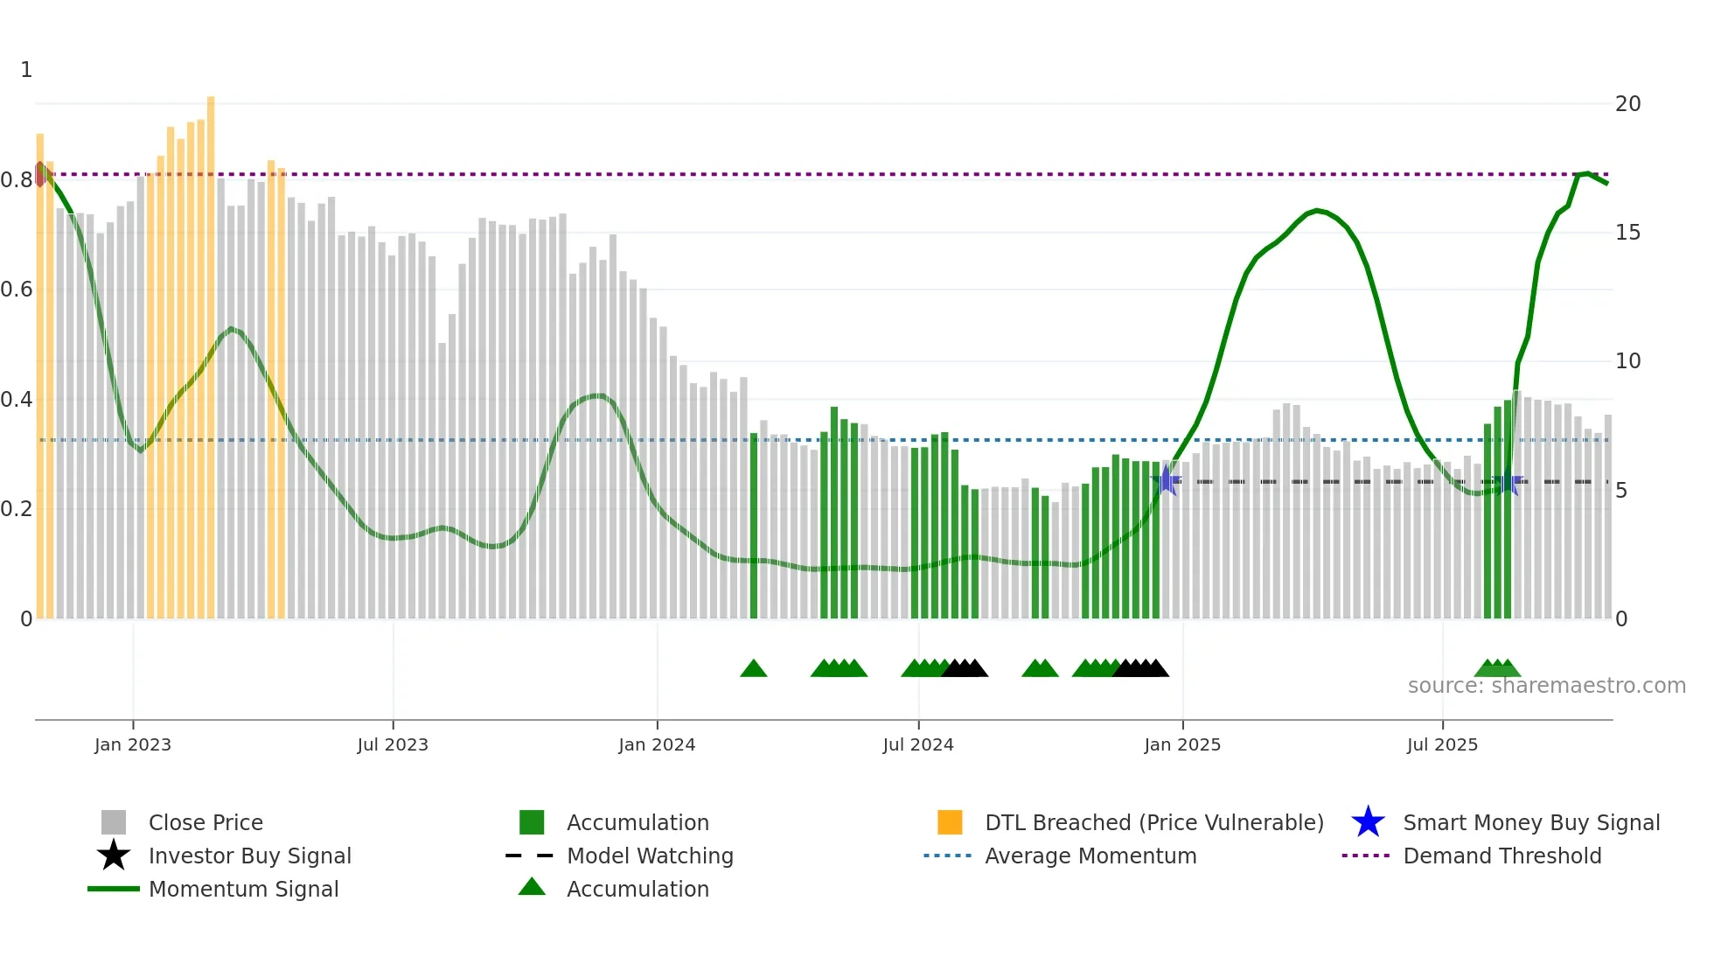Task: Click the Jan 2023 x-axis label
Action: (x=133, y=744)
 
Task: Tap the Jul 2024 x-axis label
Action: (x=917, y=744)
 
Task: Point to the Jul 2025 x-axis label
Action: (x=1442, y=744)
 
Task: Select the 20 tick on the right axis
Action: (x=1627, y=104)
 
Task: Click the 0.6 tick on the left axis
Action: (x=16, y=290)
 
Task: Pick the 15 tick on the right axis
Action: (x=1627, y=233)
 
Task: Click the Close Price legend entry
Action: (x=205, y=822)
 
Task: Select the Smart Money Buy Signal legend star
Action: (x=1368, y=822)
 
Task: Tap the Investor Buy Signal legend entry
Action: (x=249, y=856)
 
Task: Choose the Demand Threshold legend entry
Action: (x=1501, y=856)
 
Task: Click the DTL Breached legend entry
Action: (x=1153, y=822)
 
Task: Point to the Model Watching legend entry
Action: (x=649, y=856)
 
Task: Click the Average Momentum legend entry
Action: (x=1090, y=856)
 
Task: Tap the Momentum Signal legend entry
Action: (x=243, y=889)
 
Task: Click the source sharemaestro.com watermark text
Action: (x=1546, y=686)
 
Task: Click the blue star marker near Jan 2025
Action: (x=1167, y=480)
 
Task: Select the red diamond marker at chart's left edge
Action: (x=39, y=174)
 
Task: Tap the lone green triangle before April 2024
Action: (x=753, y=669)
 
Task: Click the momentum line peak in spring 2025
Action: (x=1318, y=211)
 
